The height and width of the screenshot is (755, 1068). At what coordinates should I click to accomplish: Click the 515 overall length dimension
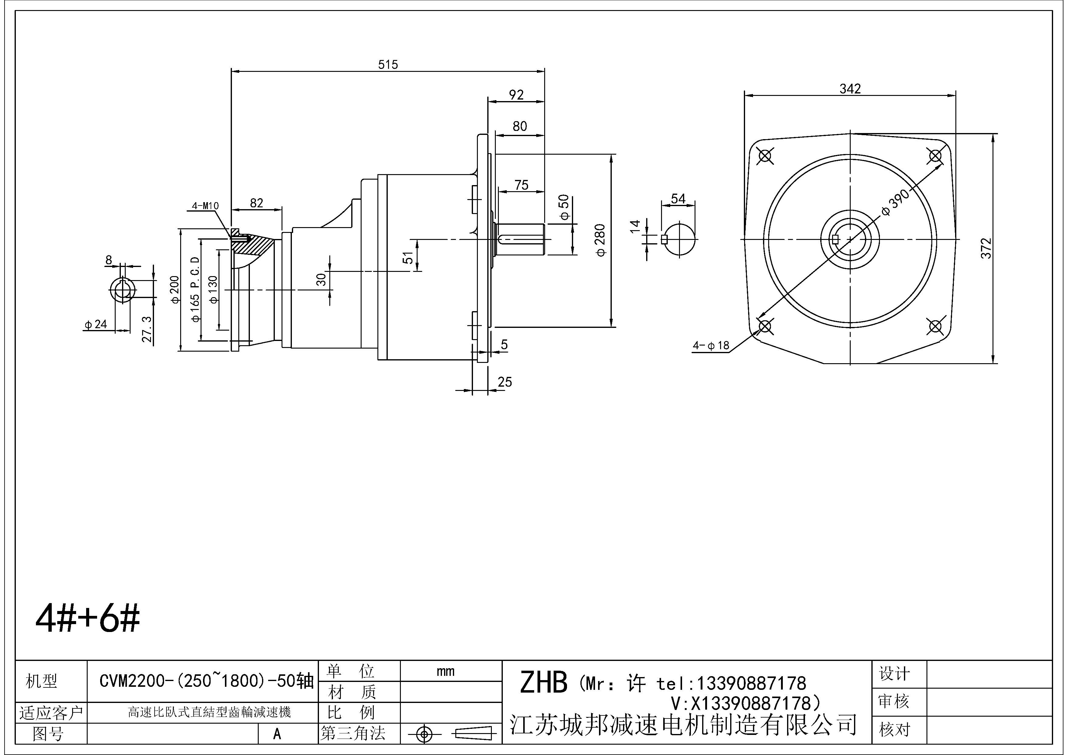tap(388, 65)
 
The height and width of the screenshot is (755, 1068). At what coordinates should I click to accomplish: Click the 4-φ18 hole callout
tap(711, 346)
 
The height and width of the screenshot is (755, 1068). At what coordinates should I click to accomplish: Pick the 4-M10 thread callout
tap(205, 205)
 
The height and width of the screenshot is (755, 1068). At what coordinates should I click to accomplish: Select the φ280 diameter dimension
tap(601, 240)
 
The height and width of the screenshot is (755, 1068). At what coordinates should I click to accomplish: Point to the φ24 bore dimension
tap(96, 324)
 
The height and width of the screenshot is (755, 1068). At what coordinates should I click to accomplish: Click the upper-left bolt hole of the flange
tap(765, 156)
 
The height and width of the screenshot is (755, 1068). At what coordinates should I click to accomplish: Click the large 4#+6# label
tap(87, 619)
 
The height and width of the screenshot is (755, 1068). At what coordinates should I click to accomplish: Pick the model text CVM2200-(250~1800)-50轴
tap(207, 682)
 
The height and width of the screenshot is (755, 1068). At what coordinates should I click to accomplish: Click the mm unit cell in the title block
tap(445, 671)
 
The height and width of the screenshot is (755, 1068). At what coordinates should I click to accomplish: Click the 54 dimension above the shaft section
tap(678, 198)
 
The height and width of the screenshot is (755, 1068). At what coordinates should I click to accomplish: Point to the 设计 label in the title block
tap(894, 674)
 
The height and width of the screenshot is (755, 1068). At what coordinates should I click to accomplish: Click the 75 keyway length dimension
tap(521, 185)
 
